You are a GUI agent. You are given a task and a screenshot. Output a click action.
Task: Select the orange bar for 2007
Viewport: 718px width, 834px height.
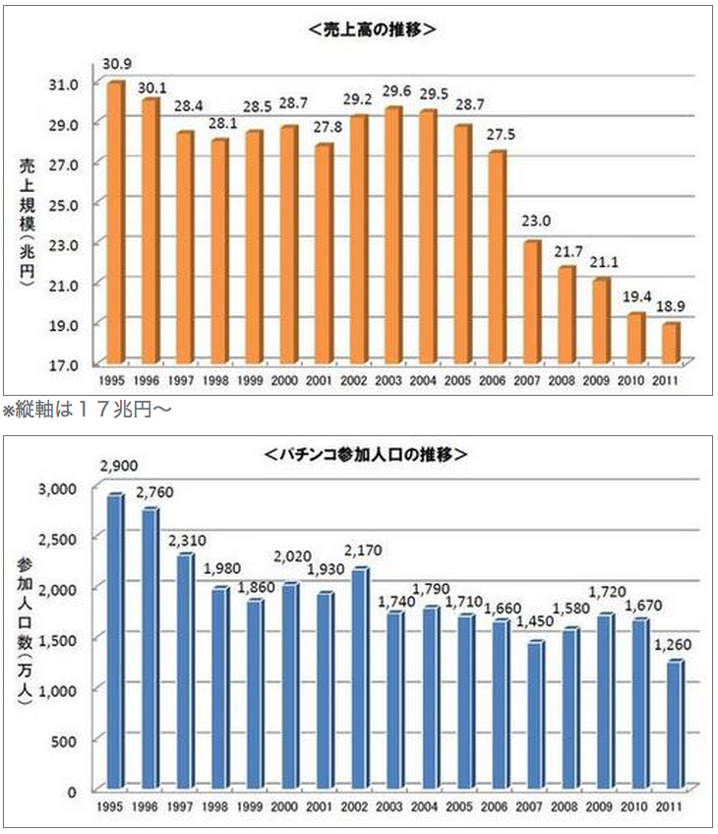click(532, 301)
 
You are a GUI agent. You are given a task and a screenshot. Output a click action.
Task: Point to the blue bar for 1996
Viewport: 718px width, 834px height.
click(150, 649)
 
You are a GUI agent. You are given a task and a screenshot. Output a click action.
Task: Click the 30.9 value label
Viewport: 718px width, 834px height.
click(117, 65)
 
